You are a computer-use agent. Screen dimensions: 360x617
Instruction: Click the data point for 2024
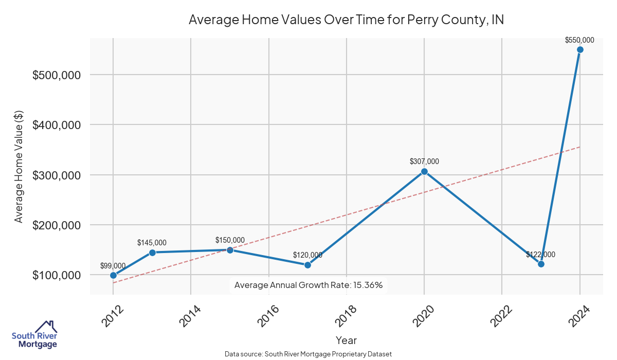click(580, 49)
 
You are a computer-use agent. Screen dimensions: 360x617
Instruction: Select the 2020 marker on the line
click(424, 171)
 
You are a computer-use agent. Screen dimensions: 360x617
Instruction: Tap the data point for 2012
click(113, 275)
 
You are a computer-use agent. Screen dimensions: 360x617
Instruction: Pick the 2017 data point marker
click(307, 265)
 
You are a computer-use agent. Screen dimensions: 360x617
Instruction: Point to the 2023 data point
click(541, 264)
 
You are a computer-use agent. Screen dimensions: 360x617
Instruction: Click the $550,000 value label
click(579, 40)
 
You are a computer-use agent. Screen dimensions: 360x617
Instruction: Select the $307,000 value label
click(424, 161)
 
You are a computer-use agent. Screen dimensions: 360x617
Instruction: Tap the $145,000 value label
click(152, 242)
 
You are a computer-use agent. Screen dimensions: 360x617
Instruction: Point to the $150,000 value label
click(230, 240)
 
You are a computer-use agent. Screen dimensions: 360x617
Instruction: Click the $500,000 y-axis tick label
click(57, 75)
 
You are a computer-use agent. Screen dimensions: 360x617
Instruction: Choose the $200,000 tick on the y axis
click(57, 225)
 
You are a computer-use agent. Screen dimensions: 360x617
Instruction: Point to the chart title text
click(346, 20)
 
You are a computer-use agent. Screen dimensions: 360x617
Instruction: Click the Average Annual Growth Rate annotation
click(308, 285)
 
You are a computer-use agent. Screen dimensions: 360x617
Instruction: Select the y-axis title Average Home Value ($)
click(19, 166)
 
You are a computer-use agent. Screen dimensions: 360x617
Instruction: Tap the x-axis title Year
click(346, 340)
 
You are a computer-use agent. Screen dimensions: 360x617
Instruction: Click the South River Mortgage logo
click(34, 335)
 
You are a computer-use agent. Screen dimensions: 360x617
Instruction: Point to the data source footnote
click(308, 354)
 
